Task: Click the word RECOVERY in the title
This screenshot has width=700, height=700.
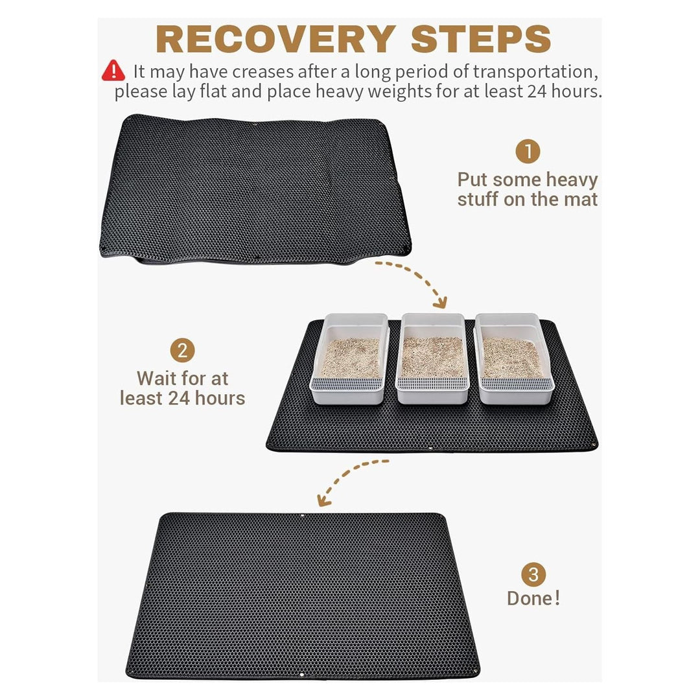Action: click(x=275, y=40)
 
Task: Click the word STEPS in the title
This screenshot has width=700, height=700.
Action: click(x=481, y=40)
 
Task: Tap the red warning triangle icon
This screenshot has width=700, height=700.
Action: click(x=113, y=70)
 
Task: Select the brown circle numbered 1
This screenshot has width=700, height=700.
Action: click(x=528, y=152)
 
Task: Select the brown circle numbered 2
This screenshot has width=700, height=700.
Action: click(x=182, y=351)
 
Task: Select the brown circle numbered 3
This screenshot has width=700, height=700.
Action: click(x=533, y=574)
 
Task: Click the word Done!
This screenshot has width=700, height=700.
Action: click(x=533, y=598)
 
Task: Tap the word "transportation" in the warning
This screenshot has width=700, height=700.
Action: click(x=535, y=71)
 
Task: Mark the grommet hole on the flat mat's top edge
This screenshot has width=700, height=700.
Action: click(x=303, y=516)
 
